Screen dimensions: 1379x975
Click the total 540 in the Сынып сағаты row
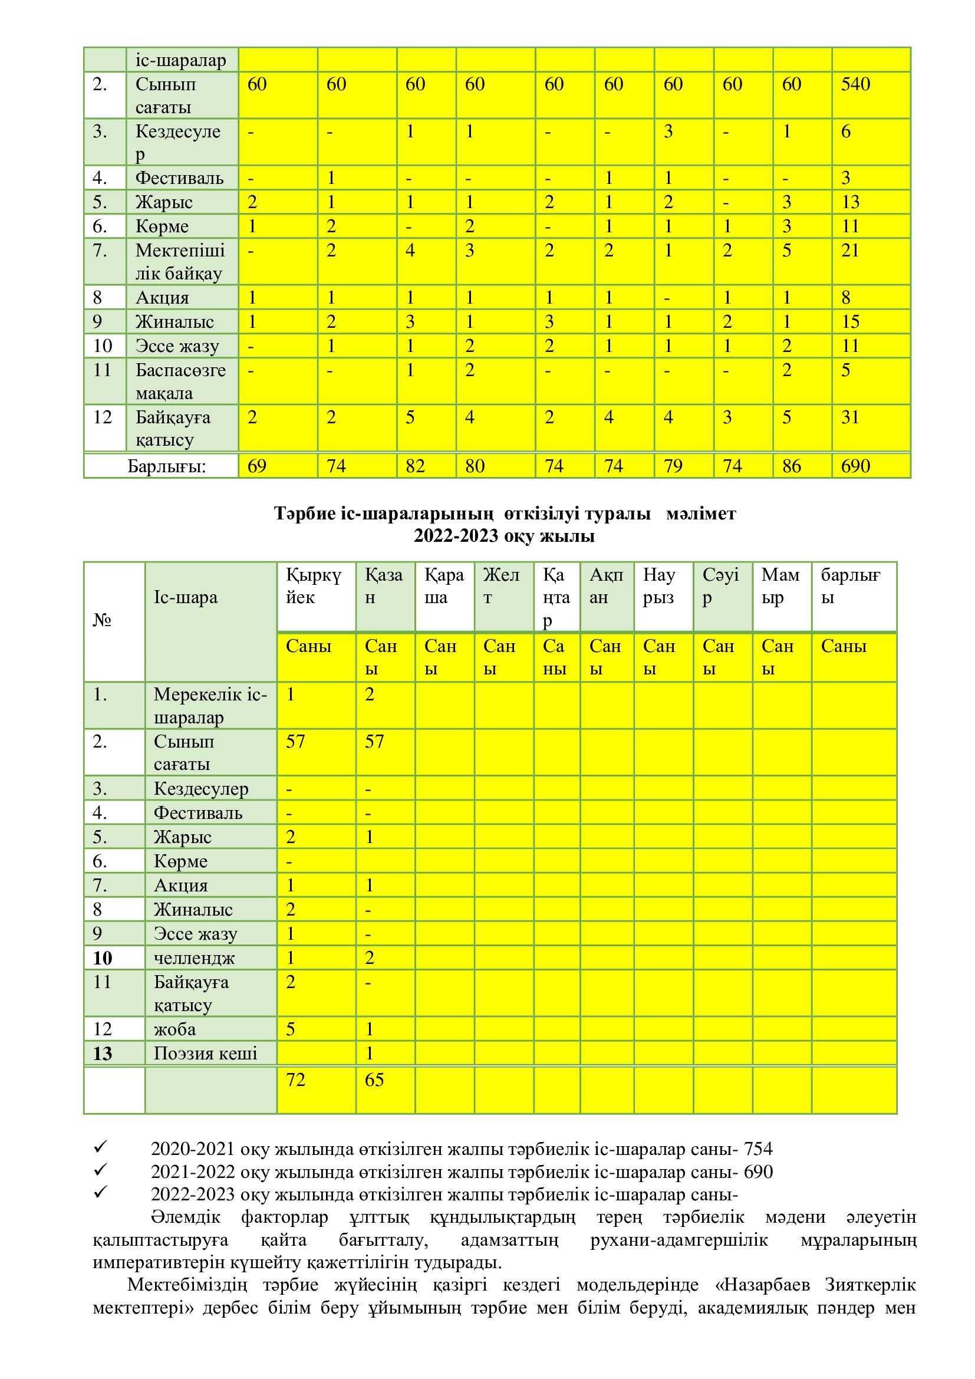click(x=855, y=84)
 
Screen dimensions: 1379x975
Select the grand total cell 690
click(x=855, y=466)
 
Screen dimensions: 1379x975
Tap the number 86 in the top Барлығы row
click(x=791, y=466)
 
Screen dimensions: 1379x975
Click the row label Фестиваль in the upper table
click(x=179, y=178)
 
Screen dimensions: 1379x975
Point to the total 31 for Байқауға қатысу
click(x=850, y=417)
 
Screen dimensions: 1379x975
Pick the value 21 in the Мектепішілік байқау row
click(x=850, y=251)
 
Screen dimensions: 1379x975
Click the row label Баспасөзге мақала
click(x=180, y=381)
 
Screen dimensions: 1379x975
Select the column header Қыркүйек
click(x=314, y=586)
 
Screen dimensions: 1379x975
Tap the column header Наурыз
click(x=658, y=586)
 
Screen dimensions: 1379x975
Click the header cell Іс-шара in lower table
click(x=186, y=598)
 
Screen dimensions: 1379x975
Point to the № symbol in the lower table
click(x=102, y=620)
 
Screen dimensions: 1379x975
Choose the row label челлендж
click(x=194, y=957)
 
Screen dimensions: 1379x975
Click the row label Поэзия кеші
click(x=205, y=1054)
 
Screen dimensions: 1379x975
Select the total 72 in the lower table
click(x=295, y=1080)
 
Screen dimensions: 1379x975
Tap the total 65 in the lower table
click(x=374, y=1080)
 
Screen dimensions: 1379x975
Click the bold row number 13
click(x=103, y=1054)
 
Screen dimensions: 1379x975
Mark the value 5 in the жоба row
click(x=291, y=1029)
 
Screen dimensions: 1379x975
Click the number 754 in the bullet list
click(x=757, y=1149)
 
